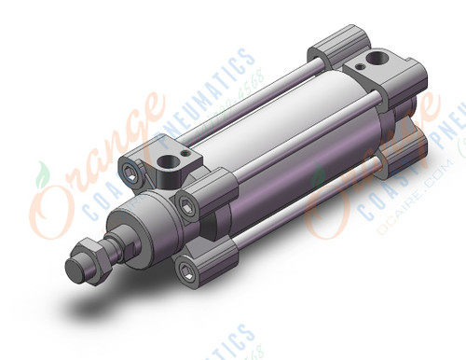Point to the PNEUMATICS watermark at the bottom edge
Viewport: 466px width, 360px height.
(233, 345)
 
